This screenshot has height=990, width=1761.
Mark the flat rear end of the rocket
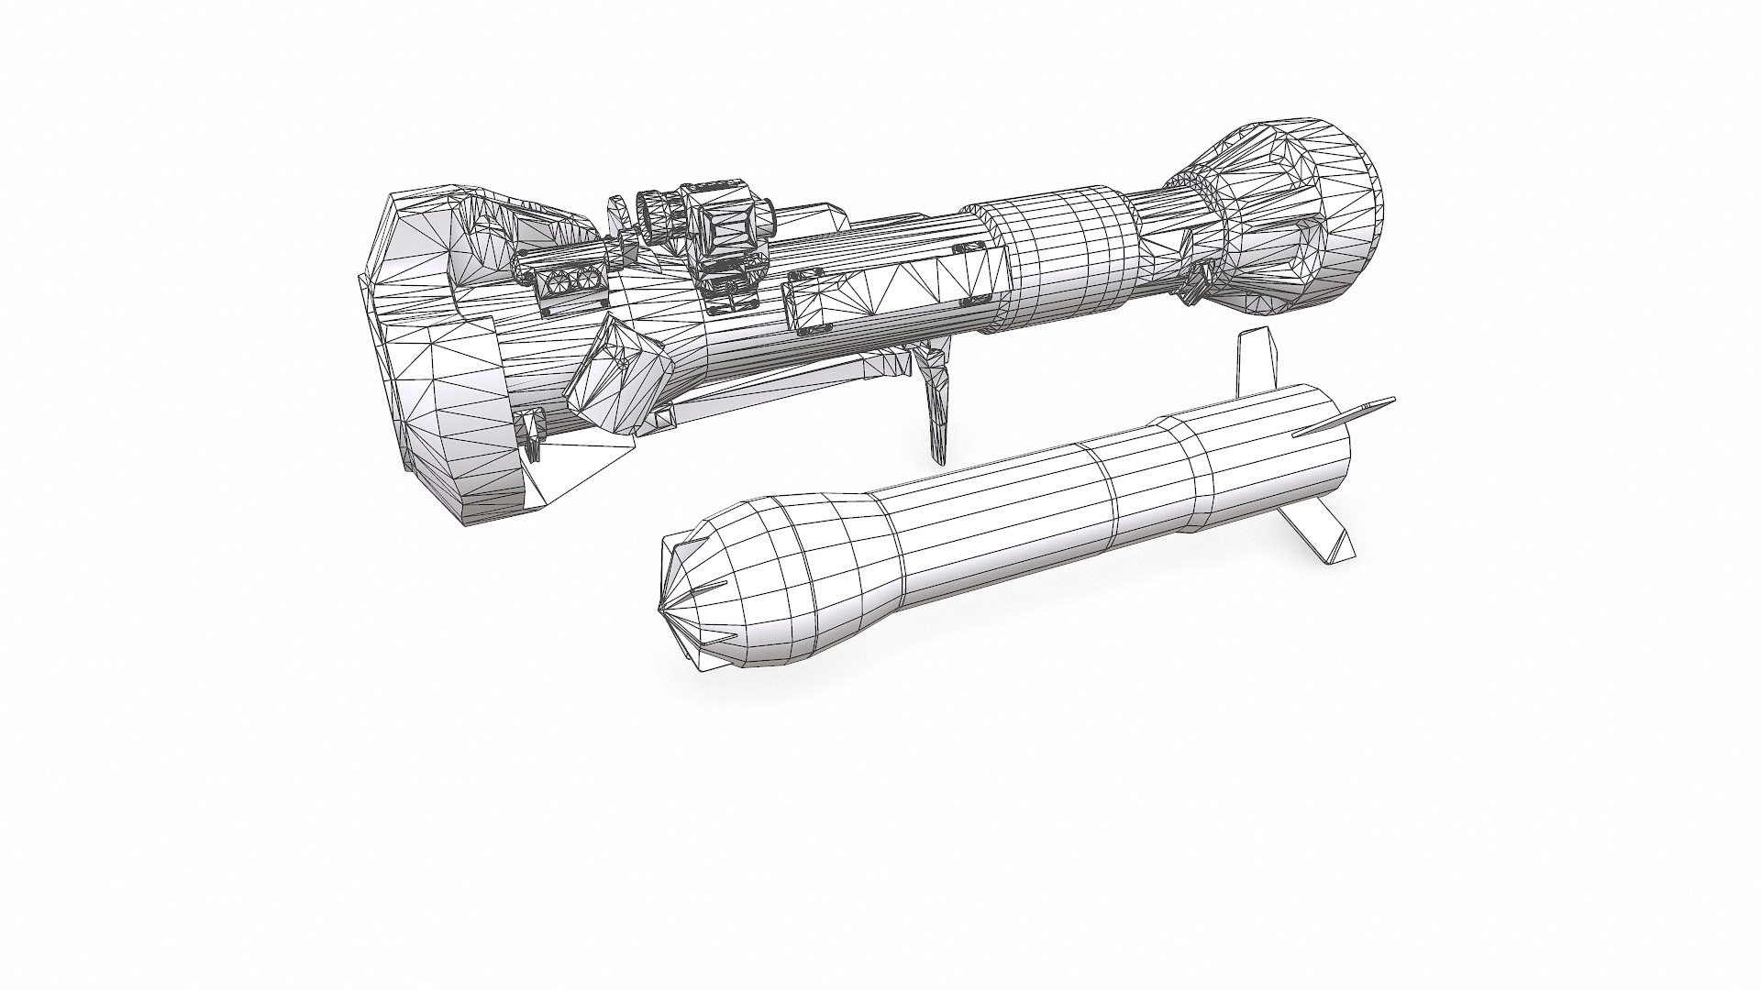point(1330,467)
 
